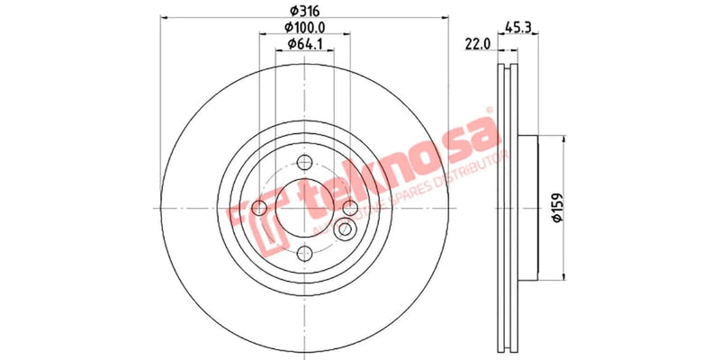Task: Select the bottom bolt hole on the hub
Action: (x=305, y=253)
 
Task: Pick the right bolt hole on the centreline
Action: (x=349, y=209)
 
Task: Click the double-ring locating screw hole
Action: (x=344, y=230)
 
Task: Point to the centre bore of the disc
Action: (x=305, y=209)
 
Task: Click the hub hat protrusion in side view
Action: (x=526, y=207)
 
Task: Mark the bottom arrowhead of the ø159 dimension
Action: (x=564, y=276)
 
